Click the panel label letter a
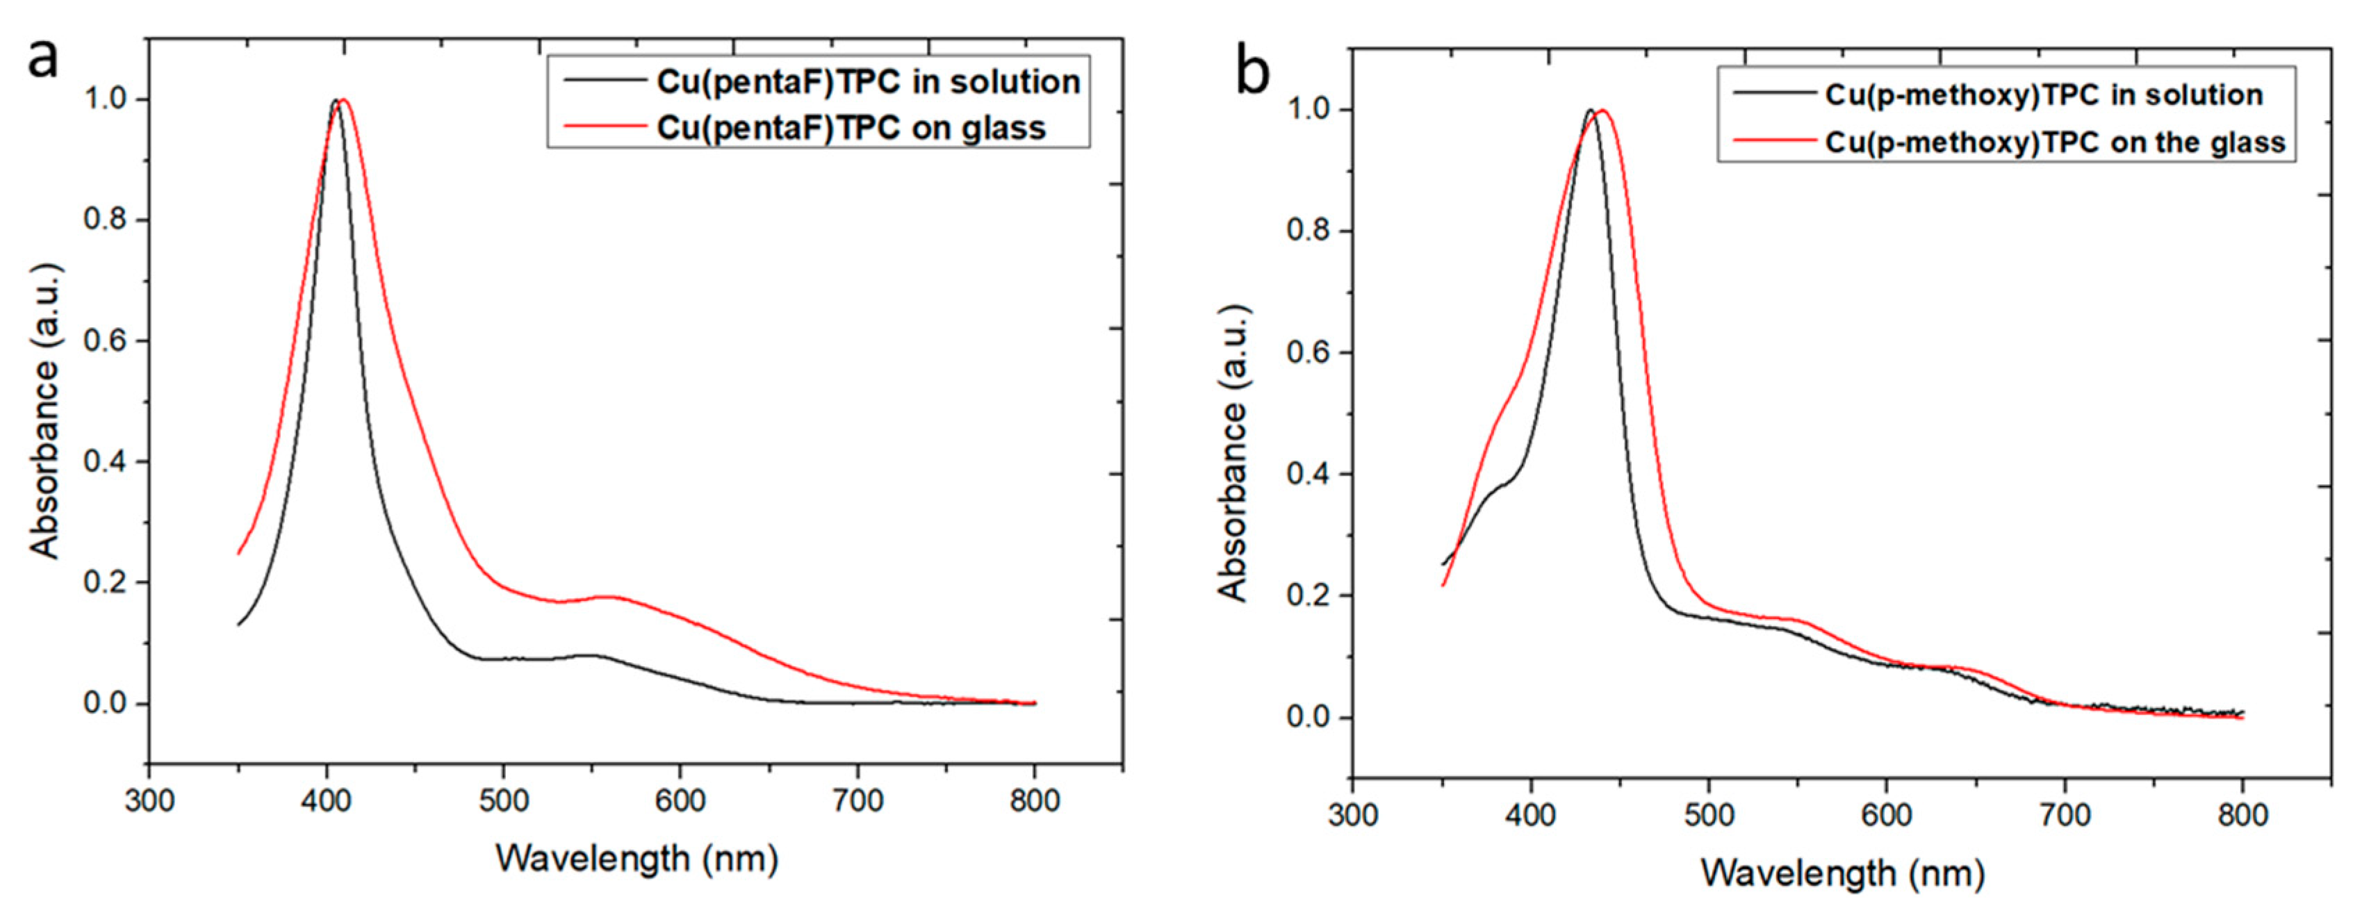click(x=43, y=58)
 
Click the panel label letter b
click(x=1252, y=72)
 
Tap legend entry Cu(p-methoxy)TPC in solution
click(x=2043, y=95)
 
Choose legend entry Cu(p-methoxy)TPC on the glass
click(x=2054, y=142)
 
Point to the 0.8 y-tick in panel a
click(x=105, y=220)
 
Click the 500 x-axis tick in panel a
click(x=503, y=801)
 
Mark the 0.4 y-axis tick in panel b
click(x=1308, y=474)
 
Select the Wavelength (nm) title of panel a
click(x=637, y=859)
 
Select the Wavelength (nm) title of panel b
click(x=1842, y=873)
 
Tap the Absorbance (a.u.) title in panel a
click(x=44, y=411)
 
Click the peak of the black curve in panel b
click(x=1590, y=110)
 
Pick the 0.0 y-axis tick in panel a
click(x=105, y=703)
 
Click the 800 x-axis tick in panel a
click(x=1034, y=801)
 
